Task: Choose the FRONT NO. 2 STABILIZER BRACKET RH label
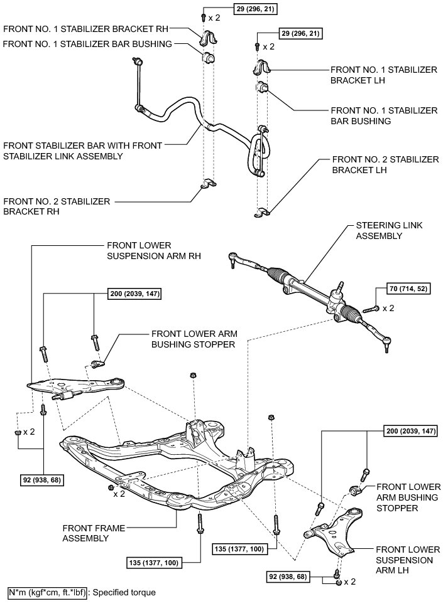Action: tap(57, 206)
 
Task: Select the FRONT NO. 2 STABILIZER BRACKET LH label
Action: tap(385, 165)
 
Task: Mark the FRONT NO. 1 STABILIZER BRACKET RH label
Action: tap(87, 29)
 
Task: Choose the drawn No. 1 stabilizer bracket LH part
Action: tap(263, 68)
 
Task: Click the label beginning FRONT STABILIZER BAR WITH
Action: tap(82, 150)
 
